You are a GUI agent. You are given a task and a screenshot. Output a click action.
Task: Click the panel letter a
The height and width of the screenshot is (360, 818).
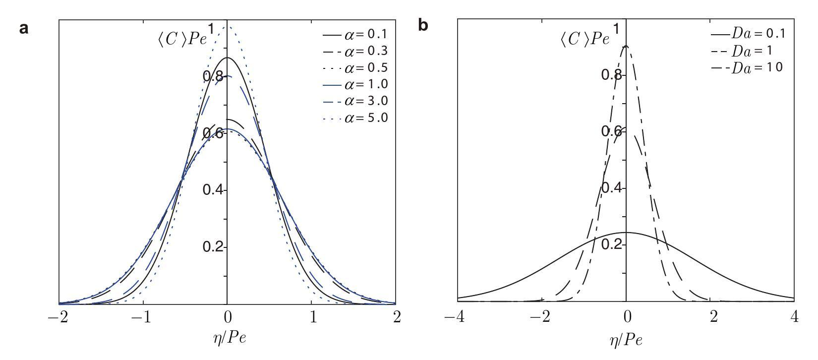(24, 28)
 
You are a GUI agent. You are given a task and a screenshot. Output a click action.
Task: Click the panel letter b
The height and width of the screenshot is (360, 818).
(423, 25)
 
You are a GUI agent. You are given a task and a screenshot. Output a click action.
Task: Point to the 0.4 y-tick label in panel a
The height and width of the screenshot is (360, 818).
(214, 190)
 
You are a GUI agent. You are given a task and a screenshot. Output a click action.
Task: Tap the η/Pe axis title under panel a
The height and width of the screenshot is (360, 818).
(228, 338)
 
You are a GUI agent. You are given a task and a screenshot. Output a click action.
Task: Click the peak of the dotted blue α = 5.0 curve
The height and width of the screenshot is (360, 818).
(228, 25)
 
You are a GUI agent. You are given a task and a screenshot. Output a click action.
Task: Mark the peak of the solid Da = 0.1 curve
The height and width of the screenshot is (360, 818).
(626, 232)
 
